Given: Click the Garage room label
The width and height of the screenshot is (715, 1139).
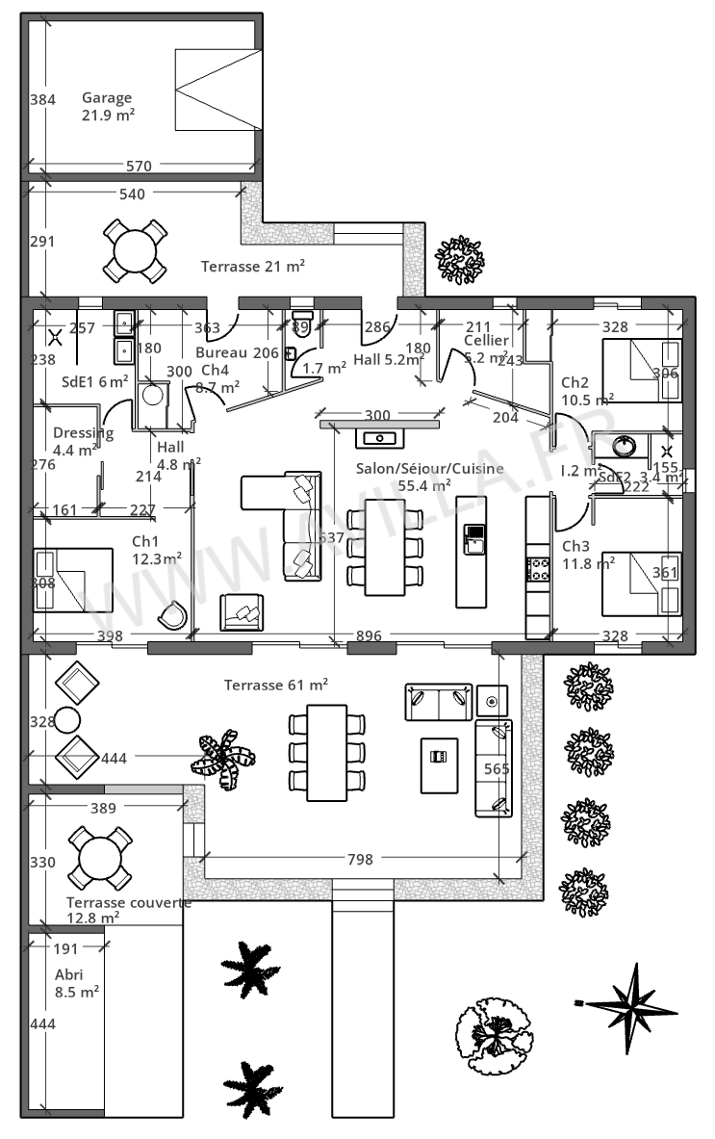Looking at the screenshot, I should pyautogui.click(x=107, y=106).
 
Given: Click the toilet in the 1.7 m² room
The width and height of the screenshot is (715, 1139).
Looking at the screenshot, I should pyautogui.click(x=303, y=321).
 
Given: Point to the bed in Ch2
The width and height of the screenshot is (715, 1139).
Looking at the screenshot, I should pyautogui.click(x=640, y=371).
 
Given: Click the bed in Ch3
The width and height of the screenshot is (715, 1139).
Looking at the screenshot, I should pyautogui.click(x=640, y=583).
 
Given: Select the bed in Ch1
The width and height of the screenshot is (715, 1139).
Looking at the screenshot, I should pyautogui.click(x=72, y=580).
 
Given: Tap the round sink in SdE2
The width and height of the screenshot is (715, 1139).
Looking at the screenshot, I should pyautogui.click(x=623, y=446).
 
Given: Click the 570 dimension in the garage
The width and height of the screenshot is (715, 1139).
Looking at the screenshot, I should pyautogui.click(x=139, y=166).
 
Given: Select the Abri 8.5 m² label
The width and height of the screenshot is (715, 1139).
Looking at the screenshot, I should pyautogui.click(x=77, y=982).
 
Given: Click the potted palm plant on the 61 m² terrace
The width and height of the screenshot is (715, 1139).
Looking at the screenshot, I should pyautogui.click(x=224, y=754).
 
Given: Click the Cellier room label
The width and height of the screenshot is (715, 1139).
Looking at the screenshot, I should pyautogui.click(x=486, y=349).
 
